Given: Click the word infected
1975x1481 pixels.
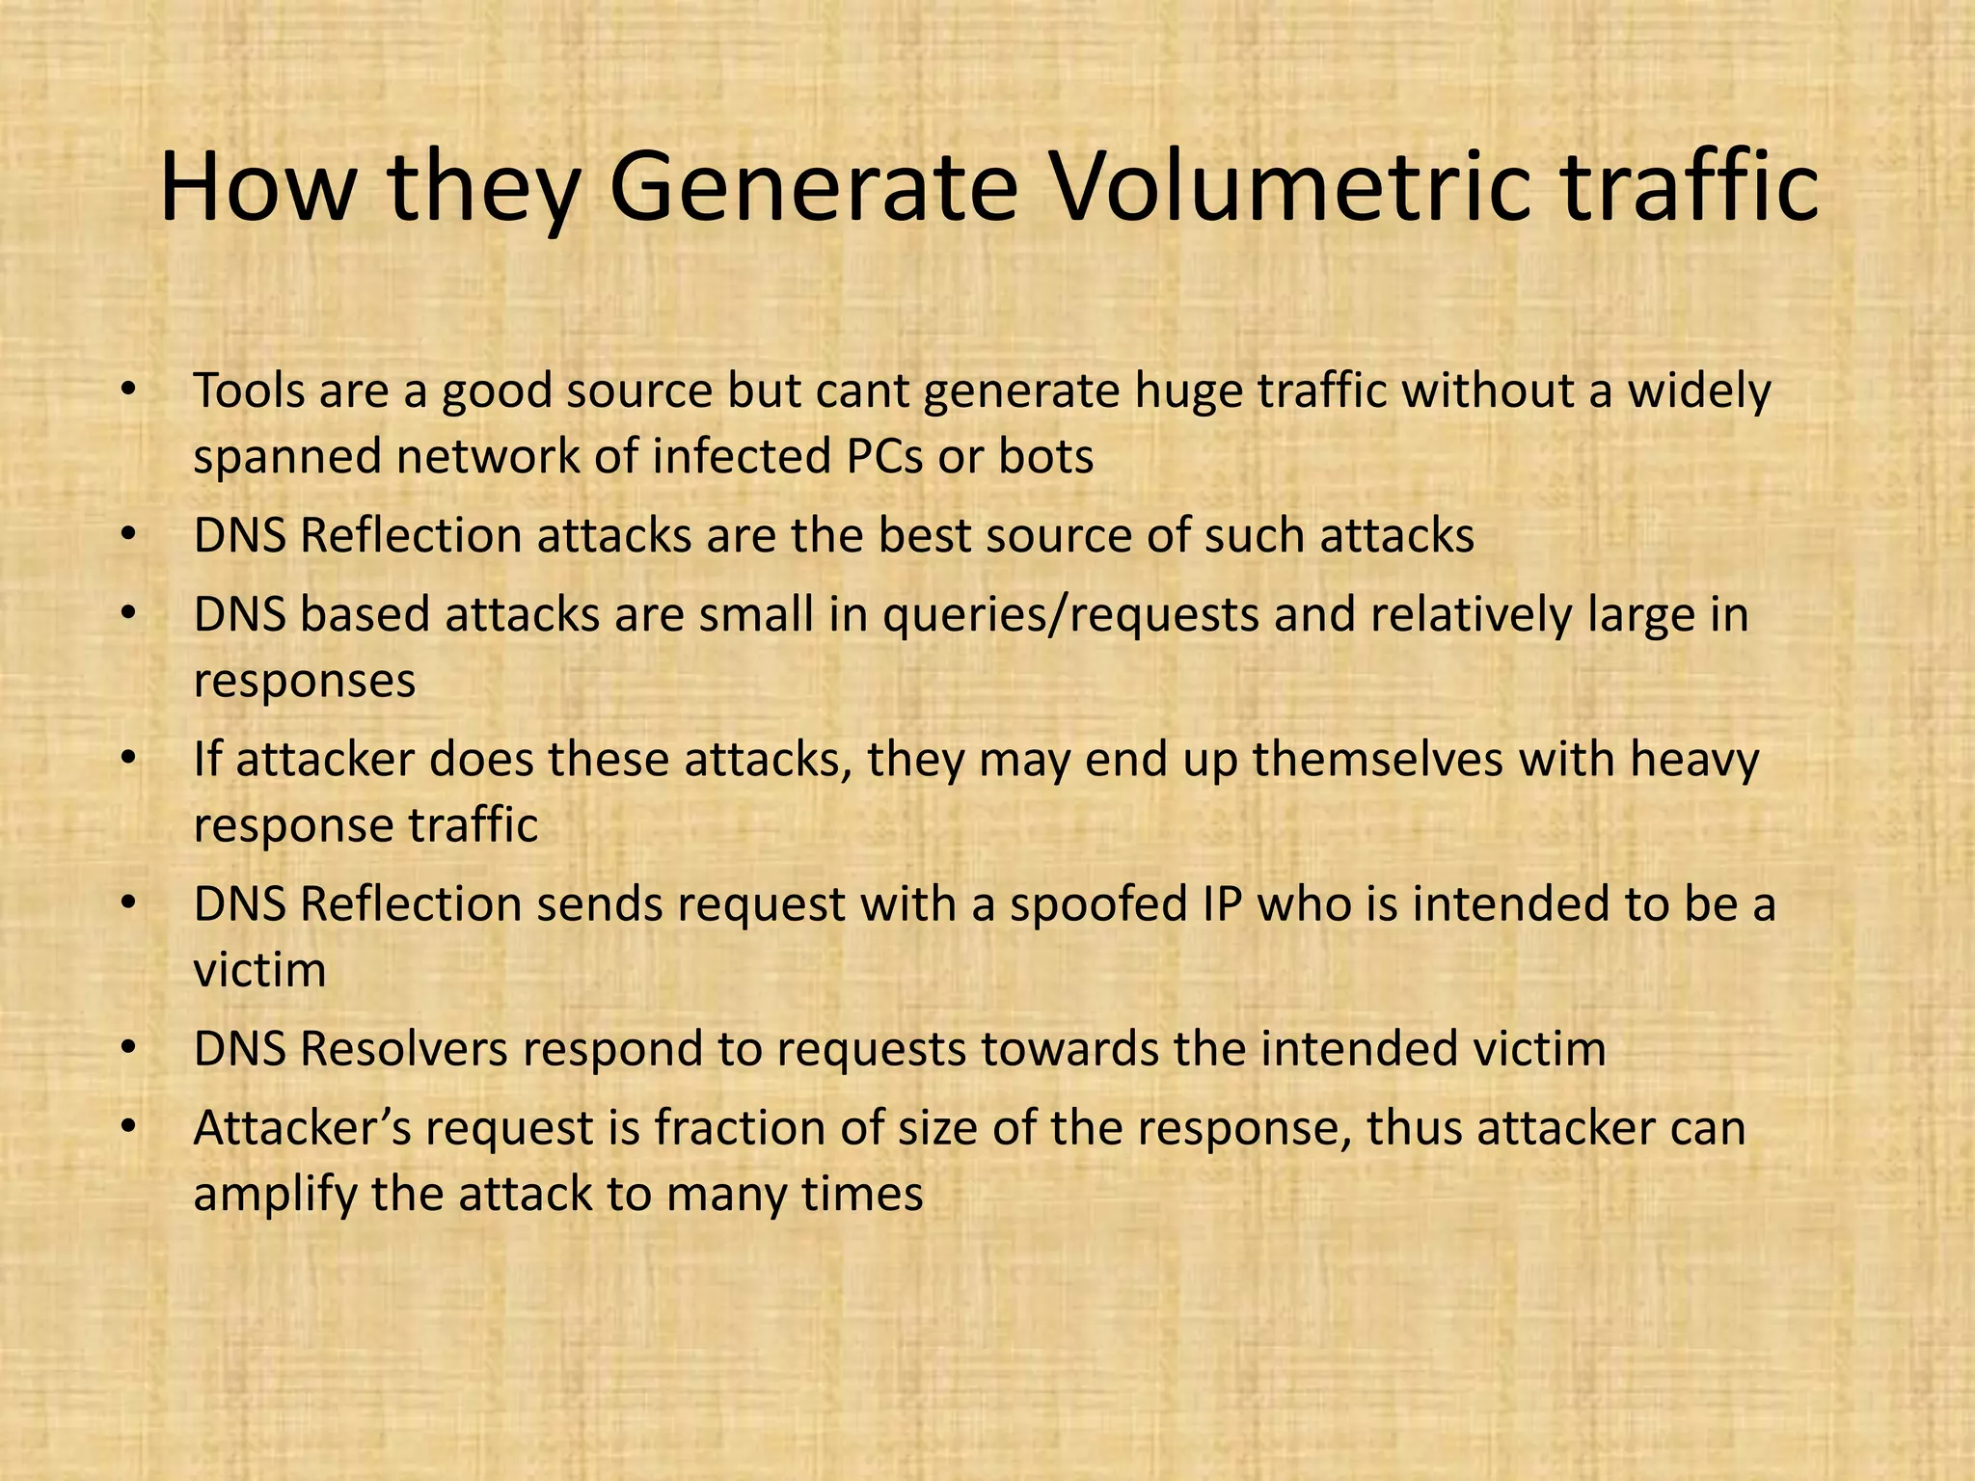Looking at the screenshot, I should (x=741, y=456).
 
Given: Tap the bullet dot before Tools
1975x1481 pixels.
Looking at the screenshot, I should (x=128, y=391).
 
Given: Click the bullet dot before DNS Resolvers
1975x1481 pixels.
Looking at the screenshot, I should (x=128, y=1050).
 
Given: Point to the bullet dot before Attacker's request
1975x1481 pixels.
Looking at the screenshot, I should (x=128, y=1129).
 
